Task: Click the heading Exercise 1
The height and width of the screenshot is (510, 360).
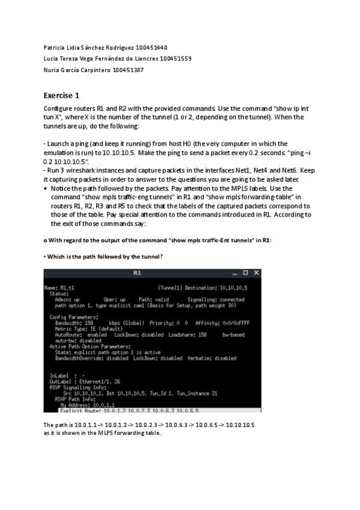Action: point(61,95)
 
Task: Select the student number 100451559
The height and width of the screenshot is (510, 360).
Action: point(175,58)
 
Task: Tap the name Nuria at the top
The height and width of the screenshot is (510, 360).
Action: point(52,70)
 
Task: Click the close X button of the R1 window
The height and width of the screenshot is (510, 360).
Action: point(256,273)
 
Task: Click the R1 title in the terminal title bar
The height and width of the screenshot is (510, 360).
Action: point(137,273)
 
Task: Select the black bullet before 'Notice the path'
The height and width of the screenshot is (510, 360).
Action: point(46,188)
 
